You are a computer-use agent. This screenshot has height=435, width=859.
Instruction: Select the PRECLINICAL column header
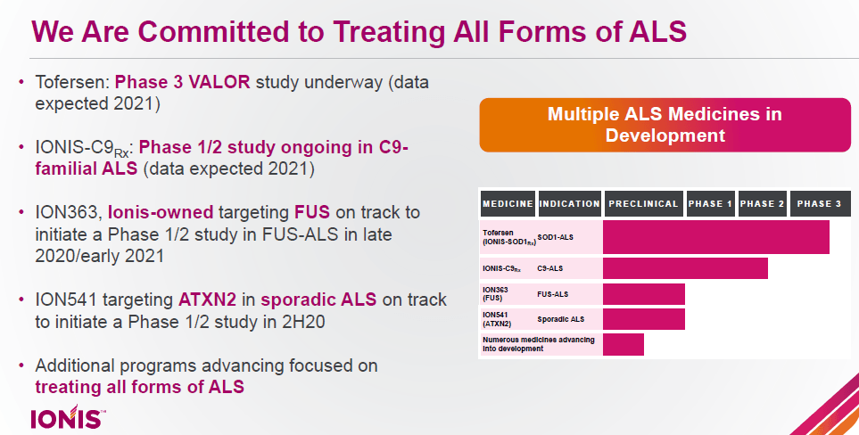click(644, 204)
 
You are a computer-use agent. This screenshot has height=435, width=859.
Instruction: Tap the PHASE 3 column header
click(818, 204)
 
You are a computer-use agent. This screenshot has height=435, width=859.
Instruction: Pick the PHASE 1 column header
click(710, 204)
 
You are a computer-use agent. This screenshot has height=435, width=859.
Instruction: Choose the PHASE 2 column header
click(762, 204)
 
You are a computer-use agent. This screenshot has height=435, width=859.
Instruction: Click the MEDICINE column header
click(508, 204)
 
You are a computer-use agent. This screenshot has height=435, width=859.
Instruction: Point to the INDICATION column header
click(569, 204)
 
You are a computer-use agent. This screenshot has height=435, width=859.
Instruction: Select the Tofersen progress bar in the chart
click(715, 237)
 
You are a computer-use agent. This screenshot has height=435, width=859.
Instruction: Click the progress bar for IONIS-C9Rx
click(685, 268)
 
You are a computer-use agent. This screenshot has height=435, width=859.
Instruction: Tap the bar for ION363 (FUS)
click(643, 294)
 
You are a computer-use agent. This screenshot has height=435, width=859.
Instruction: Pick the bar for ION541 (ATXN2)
click(643, 319)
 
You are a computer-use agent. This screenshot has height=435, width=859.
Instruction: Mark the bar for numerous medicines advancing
click(623, 344)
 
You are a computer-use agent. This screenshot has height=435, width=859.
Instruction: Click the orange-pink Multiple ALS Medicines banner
click(664, 125)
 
